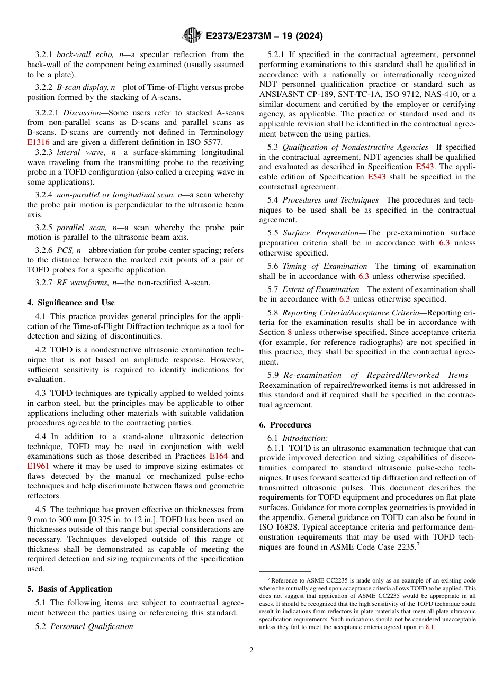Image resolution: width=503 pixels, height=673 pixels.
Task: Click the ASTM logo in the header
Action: point(192,36)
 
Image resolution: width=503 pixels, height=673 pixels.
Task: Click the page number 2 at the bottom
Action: point(251,650)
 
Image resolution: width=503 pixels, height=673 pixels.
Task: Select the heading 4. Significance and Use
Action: point(70,303)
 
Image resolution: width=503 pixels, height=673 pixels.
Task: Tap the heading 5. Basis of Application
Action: point(69,589)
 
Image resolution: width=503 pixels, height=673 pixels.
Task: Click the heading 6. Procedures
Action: point(285,425)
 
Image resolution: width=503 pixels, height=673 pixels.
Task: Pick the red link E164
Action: point(218,456)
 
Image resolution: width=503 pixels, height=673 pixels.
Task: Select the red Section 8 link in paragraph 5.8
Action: point(290,332)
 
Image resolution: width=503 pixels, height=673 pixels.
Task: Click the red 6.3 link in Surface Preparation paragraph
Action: point(444,243)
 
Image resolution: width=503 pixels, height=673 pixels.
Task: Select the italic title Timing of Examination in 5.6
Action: point(325,266)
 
